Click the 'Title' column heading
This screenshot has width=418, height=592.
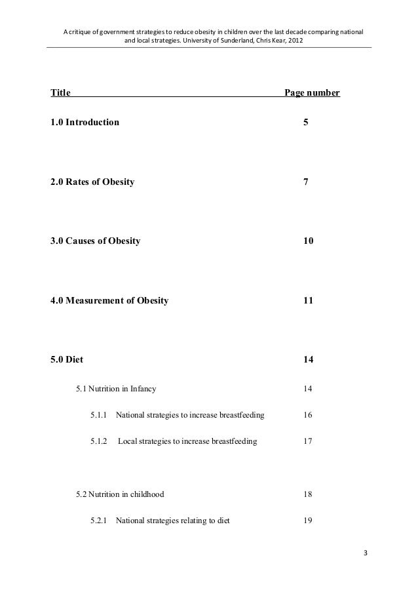pos(61,93)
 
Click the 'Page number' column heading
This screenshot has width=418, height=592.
pos(311,93)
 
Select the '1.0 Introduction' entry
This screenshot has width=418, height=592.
pos(85,123)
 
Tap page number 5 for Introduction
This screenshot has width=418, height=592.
pos(306,123)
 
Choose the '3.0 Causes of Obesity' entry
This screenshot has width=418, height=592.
pos(95,241)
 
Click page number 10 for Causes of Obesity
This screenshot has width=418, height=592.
pos(309,241)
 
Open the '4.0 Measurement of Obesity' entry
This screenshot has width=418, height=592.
pos(109,301)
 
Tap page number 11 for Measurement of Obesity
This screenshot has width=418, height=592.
pos(309,301)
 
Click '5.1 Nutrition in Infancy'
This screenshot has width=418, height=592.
pos(116,389)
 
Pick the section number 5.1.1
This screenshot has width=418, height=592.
pos(100,415)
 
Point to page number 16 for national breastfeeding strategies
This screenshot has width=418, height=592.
pos(309,415)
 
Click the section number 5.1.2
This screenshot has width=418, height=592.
pos(100,441)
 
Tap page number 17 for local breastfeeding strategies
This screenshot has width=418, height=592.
pos(309,441)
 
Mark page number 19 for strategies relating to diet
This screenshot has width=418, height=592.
pos(309,521)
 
